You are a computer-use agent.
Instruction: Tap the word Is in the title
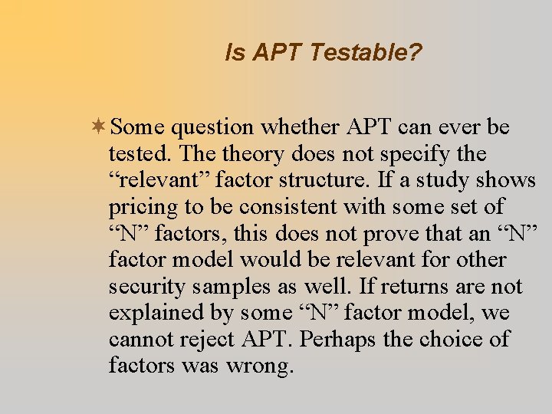tap(233, 53)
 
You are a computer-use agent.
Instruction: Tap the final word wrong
tap(260, 366)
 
